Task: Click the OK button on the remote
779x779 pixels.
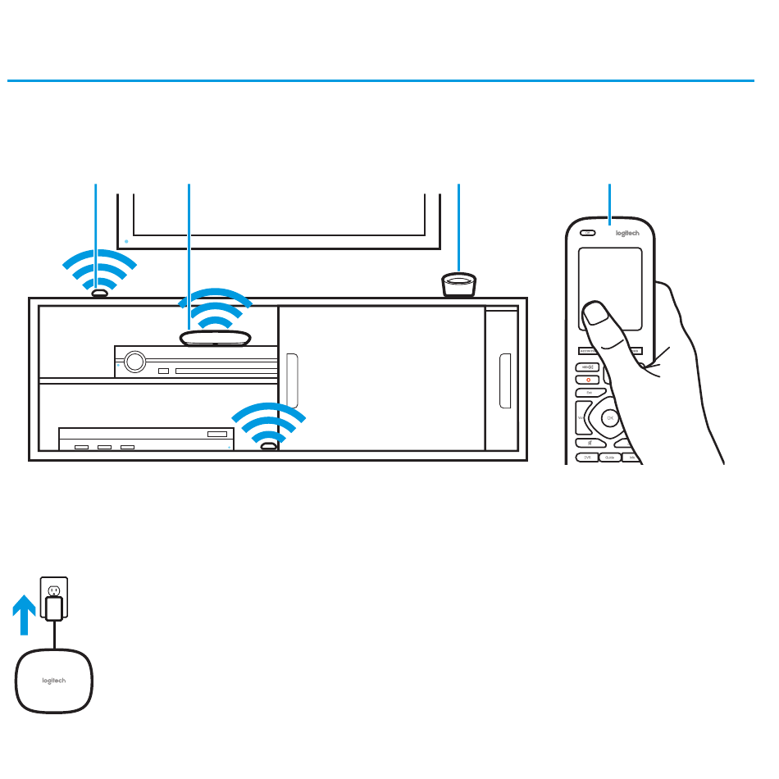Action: click(609, 418)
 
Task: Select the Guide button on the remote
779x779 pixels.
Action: click(608, 458)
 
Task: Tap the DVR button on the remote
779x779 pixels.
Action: click(587, 458)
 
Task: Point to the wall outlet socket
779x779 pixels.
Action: click(54, 591)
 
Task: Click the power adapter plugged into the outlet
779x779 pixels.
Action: click(54, 609)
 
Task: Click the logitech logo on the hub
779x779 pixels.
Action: click(54, 680)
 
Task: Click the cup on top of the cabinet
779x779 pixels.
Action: click(459, 285)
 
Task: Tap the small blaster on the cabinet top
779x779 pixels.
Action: click(99, 292)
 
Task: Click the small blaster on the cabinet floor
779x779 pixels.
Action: click(269, 447)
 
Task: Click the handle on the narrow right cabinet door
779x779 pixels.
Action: click(504, 380)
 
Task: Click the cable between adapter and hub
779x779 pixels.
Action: click(54, 635)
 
